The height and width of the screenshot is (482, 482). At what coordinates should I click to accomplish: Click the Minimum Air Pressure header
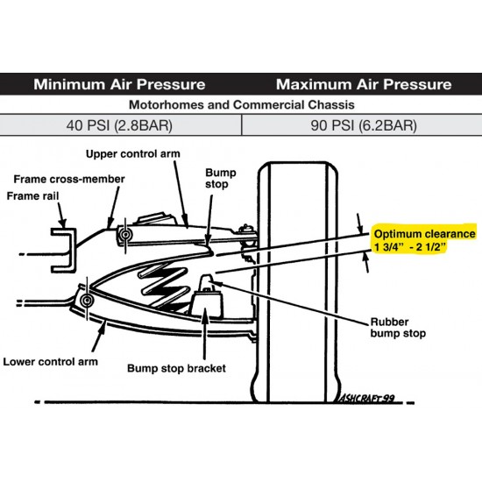coord(119,84)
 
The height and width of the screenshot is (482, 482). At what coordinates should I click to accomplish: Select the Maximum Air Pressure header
coord(364,84)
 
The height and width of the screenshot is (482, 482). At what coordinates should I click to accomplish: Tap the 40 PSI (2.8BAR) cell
coord(119,125)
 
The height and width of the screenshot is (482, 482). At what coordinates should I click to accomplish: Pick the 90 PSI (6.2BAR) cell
coord(364,125)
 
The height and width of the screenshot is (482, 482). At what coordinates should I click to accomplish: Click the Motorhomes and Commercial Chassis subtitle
coord(242,105)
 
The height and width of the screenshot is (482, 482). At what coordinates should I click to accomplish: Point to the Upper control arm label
coord(133,153)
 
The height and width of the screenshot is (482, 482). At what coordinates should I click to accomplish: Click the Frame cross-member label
coord(69,179)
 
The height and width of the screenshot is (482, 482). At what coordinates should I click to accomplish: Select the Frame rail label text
coord(32,195)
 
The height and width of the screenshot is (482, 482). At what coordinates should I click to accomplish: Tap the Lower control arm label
coord(51,361)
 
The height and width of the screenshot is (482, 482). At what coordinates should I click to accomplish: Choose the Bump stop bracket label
coord(176,368)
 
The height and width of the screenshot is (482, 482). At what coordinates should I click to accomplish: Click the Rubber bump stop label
coord(398,328)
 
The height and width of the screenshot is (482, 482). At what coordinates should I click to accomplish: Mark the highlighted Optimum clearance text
coord(424,240)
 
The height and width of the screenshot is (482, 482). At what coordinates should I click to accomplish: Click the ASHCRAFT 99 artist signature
coord(366,398)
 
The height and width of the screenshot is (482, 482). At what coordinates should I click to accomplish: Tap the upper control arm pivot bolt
coord(125,235)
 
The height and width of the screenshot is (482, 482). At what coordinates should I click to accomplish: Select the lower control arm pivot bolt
coord(87,300)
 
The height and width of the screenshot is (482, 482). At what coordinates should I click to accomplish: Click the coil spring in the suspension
coord(164,286)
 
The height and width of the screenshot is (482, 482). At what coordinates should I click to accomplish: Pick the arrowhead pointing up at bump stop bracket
coord(205,313)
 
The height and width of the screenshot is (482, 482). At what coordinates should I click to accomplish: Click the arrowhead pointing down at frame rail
coord(62,223)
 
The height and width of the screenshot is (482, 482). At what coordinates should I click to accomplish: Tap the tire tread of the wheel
coord(298,281)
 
